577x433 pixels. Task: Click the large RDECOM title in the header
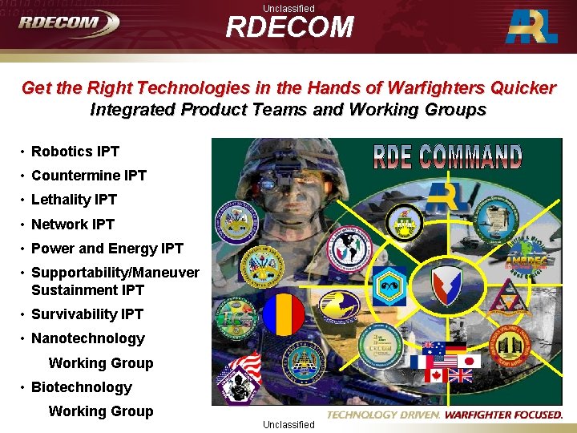click(289, 27)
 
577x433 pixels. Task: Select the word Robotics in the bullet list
click(63, 151)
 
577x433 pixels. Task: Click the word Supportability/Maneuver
click(115, 273)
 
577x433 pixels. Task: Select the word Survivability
click(75, 314)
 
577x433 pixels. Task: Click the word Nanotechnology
click(87, 338)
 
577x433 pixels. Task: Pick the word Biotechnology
click(81, 387)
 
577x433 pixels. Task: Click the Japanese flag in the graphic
click(471, 362)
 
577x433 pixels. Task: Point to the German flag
click(456, 348)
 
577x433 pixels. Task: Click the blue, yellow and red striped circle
click(285, 314)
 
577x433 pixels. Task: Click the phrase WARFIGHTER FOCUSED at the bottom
click(503, 415)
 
